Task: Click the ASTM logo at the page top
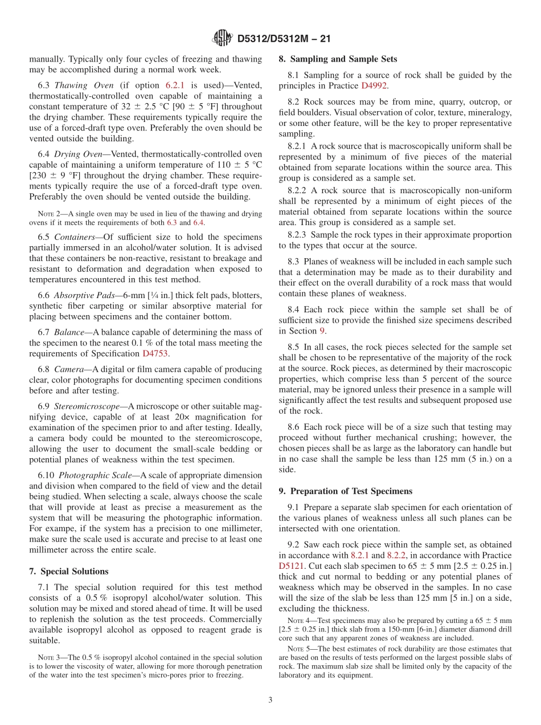click(222, 38)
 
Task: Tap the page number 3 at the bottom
click(270, 700)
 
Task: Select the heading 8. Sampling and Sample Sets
click(338, 59)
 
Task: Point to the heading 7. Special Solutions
click(68, 571)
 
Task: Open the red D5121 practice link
click(291, 566)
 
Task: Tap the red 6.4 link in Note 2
click(198, 222)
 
